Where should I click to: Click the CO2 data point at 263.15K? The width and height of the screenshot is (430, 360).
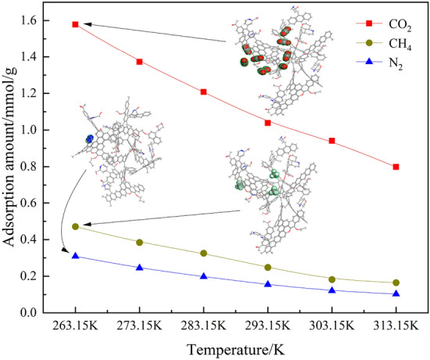tap(75, 24)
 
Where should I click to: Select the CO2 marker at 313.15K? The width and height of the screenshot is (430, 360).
tap(396, 167)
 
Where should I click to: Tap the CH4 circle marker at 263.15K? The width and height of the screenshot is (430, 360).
tap(75, 226)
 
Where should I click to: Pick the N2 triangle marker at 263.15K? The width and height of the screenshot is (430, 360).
tap(75, 256)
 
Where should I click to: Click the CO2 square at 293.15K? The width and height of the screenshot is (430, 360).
tap(268, 123)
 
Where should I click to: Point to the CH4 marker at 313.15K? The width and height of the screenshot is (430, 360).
tap(396, 283)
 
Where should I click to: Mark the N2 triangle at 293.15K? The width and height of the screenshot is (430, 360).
tap(268, 284)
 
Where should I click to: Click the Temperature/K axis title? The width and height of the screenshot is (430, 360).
tap(235, 349)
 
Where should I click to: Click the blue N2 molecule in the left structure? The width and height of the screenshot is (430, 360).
tap(89, 139)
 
